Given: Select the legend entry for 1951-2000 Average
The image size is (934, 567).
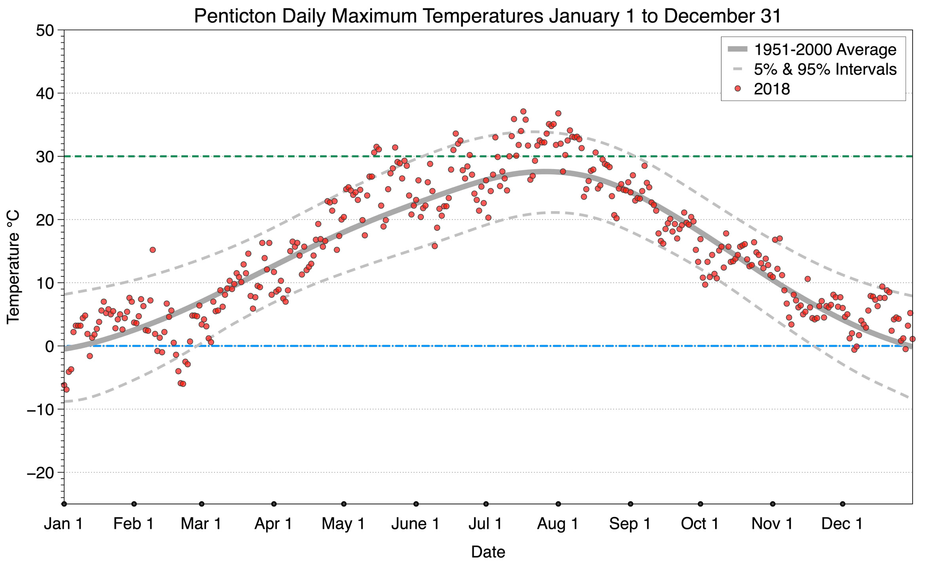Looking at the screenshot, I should coord(825,49).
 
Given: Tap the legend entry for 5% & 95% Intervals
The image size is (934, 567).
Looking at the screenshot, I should coord(825,69).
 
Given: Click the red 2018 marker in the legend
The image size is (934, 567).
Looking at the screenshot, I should coord(737,89).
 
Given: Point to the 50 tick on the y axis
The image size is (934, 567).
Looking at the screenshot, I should coord(44,30).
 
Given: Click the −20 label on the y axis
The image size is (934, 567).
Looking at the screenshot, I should coord(40,473).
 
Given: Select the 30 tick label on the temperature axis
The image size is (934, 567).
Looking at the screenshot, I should coord(44,157).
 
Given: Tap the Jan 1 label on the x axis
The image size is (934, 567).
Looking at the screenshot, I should coord(63,524).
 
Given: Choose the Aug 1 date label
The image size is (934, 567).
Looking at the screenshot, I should coord(557,524).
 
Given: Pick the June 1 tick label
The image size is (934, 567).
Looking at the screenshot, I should coord(415,524).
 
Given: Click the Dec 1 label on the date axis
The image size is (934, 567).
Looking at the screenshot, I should coord(842,524).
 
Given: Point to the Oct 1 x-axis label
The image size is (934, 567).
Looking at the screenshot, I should coord(699,524).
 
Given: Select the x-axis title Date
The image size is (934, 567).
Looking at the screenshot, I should coord(488,552).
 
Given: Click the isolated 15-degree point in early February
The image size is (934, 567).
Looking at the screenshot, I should coord(152,250).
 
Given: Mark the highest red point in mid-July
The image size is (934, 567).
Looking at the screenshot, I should coord(523,111).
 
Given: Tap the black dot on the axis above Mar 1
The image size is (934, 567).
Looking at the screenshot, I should coord(201,504).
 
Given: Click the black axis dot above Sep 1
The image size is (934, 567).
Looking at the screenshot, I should coord(630,504).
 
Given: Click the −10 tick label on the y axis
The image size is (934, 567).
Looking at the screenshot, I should coord(40,409).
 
